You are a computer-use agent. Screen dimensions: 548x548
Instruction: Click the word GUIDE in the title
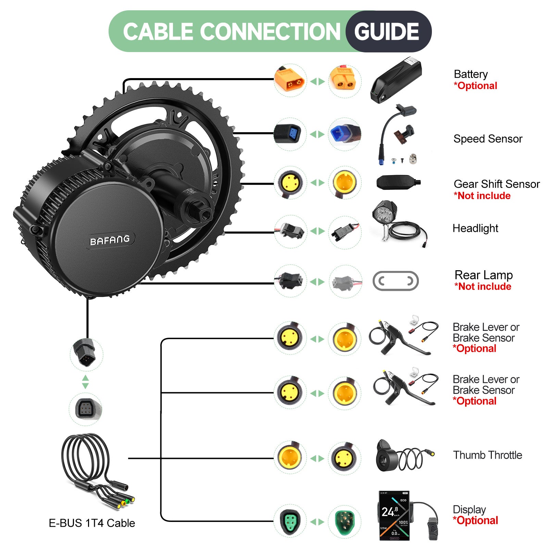pyautogui.click(x=387, y=32)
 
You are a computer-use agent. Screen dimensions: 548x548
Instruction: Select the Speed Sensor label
pyautogui.click(x=488, y=139)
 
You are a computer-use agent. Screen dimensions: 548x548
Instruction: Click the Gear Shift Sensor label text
pyautogui.click(x=497, y=184)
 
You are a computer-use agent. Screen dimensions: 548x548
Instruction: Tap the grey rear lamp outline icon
pyautogui.click(x=396, y=281)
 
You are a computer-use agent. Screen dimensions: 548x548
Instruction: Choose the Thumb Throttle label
pyautogui.click(x=487, y=455)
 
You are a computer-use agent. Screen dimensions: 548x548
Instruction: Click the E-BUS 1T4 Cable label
pyautogui.click(x=92, y=523)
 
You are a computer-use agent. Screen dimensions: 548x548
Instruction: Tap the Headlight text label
pyautogui.click(x=475, y=228)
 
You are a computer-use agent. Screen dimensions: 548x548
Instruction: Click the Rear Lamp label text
pyautogui.click(x=484, y=275)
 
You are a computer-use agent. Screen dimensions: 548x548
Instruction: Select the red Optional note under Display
pyautogui.click(x=475, y=521)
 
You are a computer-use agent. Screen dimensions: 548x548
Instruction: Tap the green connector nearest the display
pyautogui.click(x=345, y=522)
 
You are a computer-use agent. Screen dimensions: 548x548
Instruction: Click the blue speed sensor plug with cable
pyautogui.click(x=345, y=134)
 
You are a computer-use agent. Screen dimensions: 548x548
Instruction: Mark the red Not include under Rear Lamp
pyautogui.click(x=483, y=287)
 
